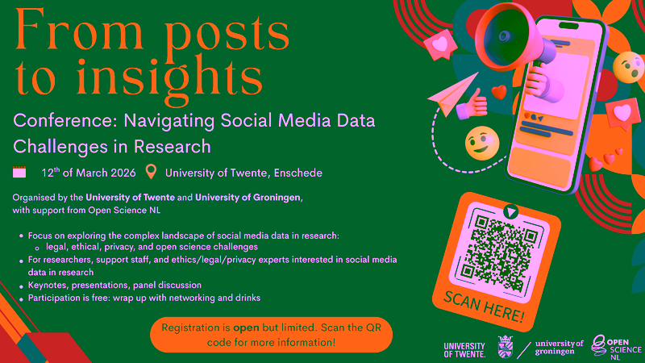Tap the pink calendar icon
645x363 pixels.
click(19, 172)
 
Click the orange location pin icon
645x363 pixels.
click(151, 172)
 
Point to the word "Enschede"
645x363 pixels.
click(298, 173)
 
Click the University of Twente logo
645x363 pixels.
click(464, 350)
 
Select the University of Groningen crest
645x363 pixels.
click(505, 347)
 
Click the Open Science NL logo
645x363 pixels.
click(616, 347)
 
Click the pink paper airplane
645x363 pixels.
click(453, 94)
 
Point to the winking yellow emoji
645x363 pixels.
click(482, 144)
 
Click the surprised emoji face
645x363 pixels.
click(628, 67)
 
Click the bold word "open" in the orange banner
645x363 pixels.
click(246, 328)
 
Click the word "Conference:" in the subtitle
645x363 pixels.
click(66, 121)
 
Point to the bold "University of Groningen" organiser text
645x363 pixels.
click(248, 198)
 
